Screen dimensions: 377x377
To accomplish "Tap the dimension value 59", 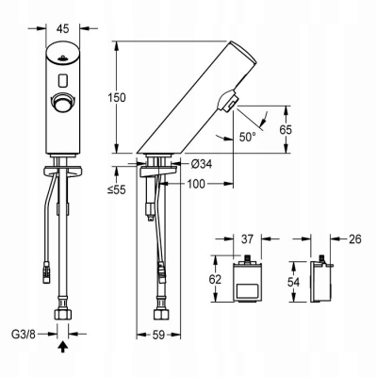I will coord(165,333).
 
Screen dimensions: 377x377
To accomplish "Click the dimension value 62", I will coord(213,280).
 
